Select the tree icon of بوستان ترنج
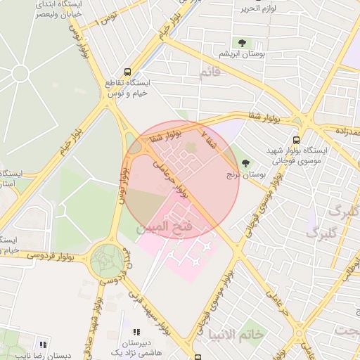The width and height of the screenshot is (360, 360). pos(245,163)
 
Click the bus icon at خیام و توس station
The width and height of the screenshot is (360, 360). pos(127,72)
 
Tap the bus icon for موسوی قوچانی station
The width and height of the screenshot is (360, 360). pos(296,140)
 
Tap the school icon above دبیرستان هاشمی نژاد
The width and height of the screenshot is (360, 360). pos(136,332)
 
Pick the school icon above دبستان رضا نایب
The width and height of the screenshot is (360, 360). pos(43,345)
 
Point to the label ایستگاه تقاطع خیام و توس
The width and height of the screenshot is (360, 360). pos(124,88)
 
